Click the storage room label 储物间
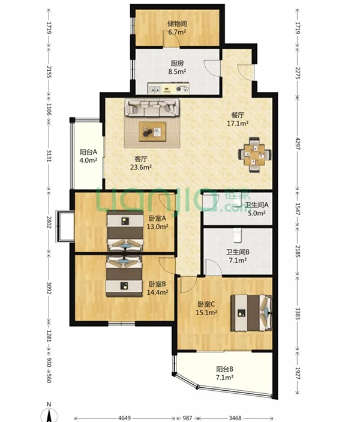178,24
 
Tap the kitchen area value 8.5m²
178,71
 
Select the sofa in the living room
152,107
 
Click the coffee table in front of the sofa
152,131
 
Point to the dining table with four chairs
255,155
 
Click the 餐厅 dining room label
238,115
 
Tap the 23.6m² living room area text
141,167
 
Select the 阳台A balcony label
88,152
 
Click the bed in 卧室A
125,231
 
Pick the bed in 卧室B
124,276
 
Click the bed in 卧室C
251,313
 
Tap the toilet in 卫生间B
237,235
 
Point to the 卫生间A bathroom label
257,205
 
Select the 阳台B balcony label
224,369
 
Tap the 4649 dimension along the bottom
124,418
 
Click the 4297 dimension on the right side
298,143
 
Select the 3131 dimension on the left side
49,155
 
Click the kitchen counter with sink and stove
169,88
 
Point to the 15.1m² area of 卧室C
206,313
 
